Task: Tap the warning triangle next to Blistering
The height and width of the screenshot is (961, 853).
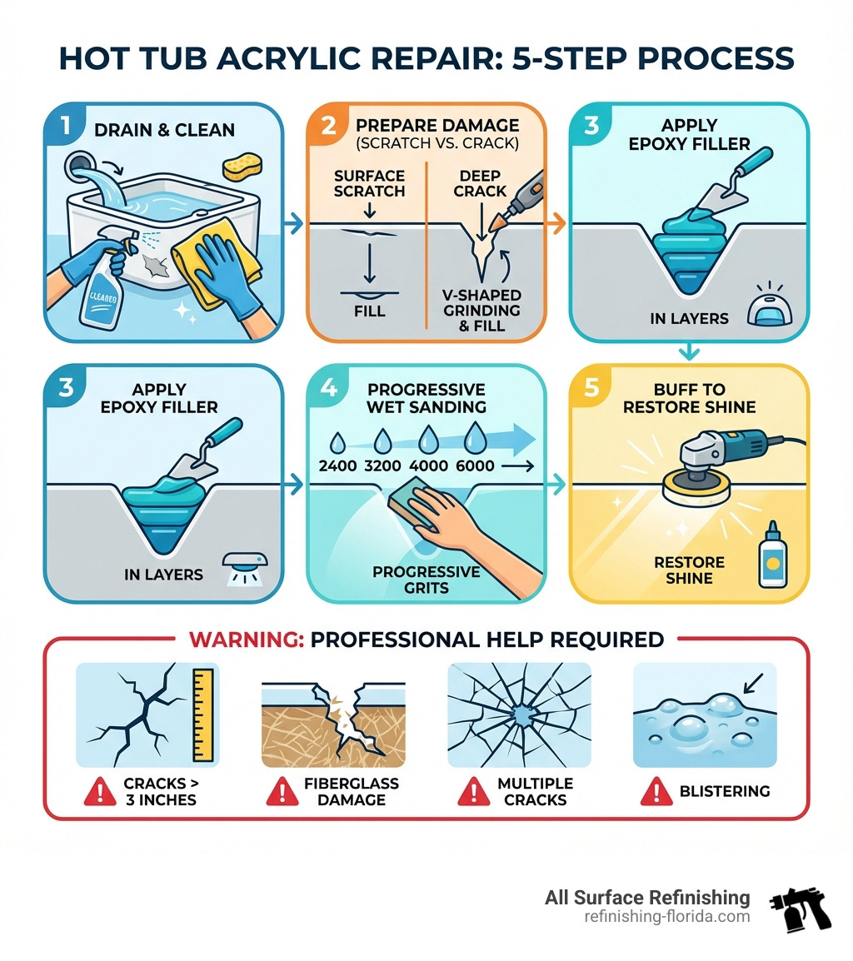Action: [x=654, y=792]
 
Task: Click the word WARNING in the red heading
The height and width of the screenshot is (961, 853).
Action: [x=245, y=640]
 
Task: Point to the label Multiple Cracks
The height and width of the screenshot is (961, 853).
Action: [x=535, y=791]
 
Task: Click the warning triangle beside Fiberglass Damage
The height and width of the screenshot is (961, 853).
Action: [x=281, y=792]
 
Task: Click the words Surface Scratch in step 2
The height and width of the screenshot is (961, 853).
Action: [x=370, y=183]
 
